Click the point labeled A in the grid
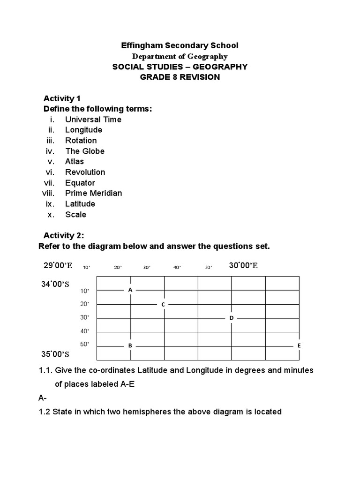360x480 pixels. pyautogui.click(x=130, y=290)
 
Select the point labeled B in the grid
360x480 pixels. pyautogui.click(x=130, y=345)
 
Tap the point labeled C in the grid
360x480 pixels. pyautogui.click(x=163, y=304)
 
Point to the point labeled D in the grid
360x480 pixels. pyautogui.click(x=231, y=318)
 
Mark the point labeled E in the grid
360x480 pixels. pyautogui.click(x=299, y=345)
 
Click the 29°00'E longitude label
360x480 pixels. pyautogui.click(x=58, y=266)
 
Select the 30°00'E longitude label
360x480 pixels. pyautogui.click(x=243, y=266)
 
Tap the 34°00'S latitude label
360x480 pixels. pyautogui.click(x=55, y=284)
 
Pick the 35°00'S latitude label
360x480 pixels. pyautogui.click(x=55, y=354)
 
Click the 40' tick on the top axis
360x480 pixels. pyautogui.click(x=177, y=268)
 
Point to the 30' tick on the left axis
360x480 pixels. pyautogui.click(x=84, y=318)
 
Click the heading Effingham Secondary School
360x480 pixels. pyautogui.click(x=180, y=45)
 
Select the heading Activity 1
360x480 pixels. pyautogui.click(x=62, y=98)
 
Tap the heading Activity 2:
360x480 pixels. pyautogui.click(x=64, y=235)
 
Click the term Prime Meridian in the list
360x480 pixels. pyautogui.click(x=93, y=193)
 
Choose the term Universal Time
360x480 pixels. pyautogui.click(x=93, y=120)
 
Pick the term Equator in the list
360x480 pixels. pyautogui.click(x=80, y=183)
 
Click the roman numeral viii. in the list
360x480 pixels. pyautogui.click(x=48, y=193)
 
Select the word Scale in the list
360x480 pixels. pyautogui.click(x=76, y=214)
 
